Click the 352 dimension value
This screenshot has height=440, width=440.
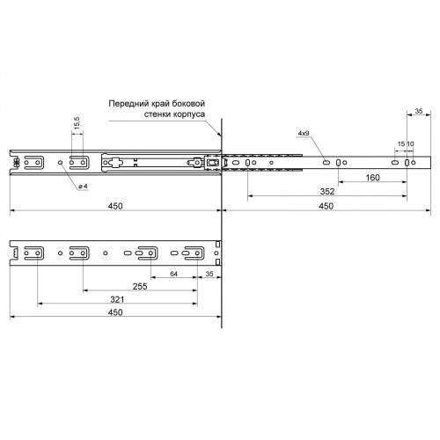pos(327,192)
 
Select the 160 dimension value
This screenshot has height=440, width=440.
pos(372,178)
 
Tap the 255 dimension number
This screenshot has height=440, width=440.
pos(140,286)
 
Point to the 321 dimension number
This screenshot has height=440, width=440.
pos(117,299)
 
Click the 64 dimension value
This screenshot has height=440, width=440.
pos(173,274)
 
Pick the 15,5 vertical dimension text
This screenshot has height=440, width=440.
pos(77,122)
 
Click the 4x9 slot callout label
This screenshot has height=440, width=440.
pos(304,133)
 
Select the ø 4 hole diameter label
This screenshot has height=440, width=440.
pos(83,187)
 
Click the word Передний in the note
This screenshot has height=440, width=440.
pos(128,104)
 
